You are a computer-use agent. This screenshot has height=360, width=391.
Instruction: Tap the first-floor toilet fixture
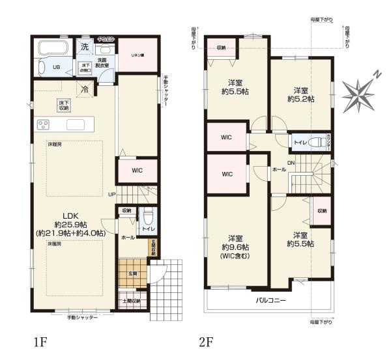[x=148, y=216]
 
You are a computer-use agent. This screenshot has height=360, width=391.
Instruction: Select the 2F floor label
[x=206, y=340]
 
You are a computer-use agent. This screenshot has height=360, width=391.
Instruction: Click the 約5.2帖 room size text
[x=300, y=99]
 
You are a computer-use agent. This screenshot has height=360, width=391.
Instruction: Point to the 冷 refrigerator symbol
[x=85, y=89]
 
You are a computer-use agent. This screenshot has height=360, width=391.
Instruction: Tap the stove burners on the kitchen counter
[x=44, y=125]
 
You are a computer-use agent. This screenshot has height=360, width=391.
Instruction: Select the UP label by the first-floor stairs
[x=111, y=194]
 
